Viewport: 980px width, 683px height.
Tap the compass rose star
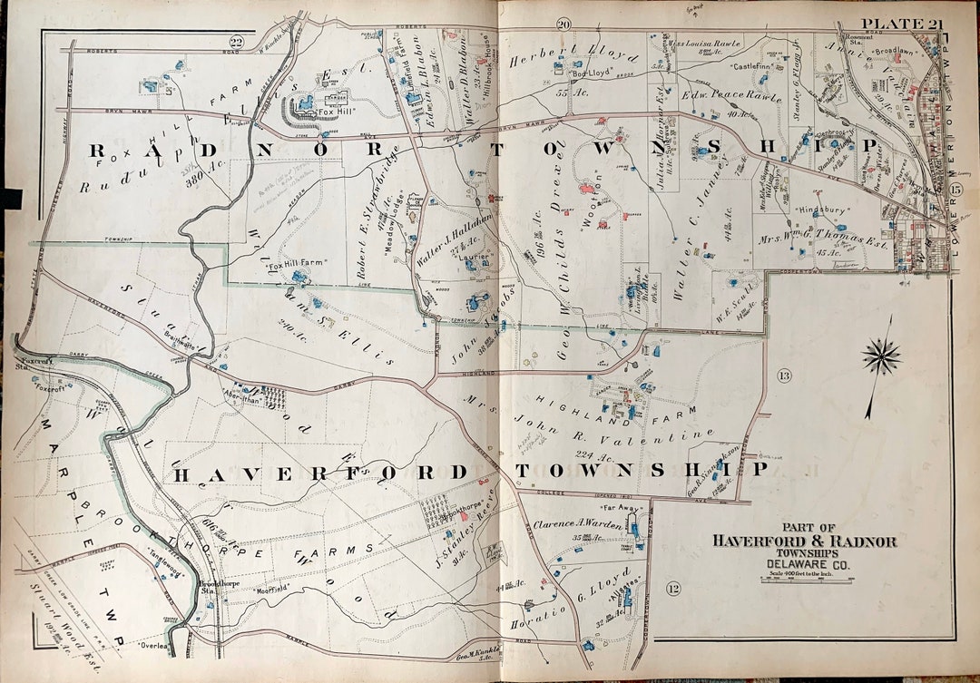coord(881,355)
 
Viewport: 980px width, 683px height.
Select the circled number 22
coord(237,42)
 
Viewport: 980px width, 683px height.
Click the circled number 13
coord(784,376)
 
